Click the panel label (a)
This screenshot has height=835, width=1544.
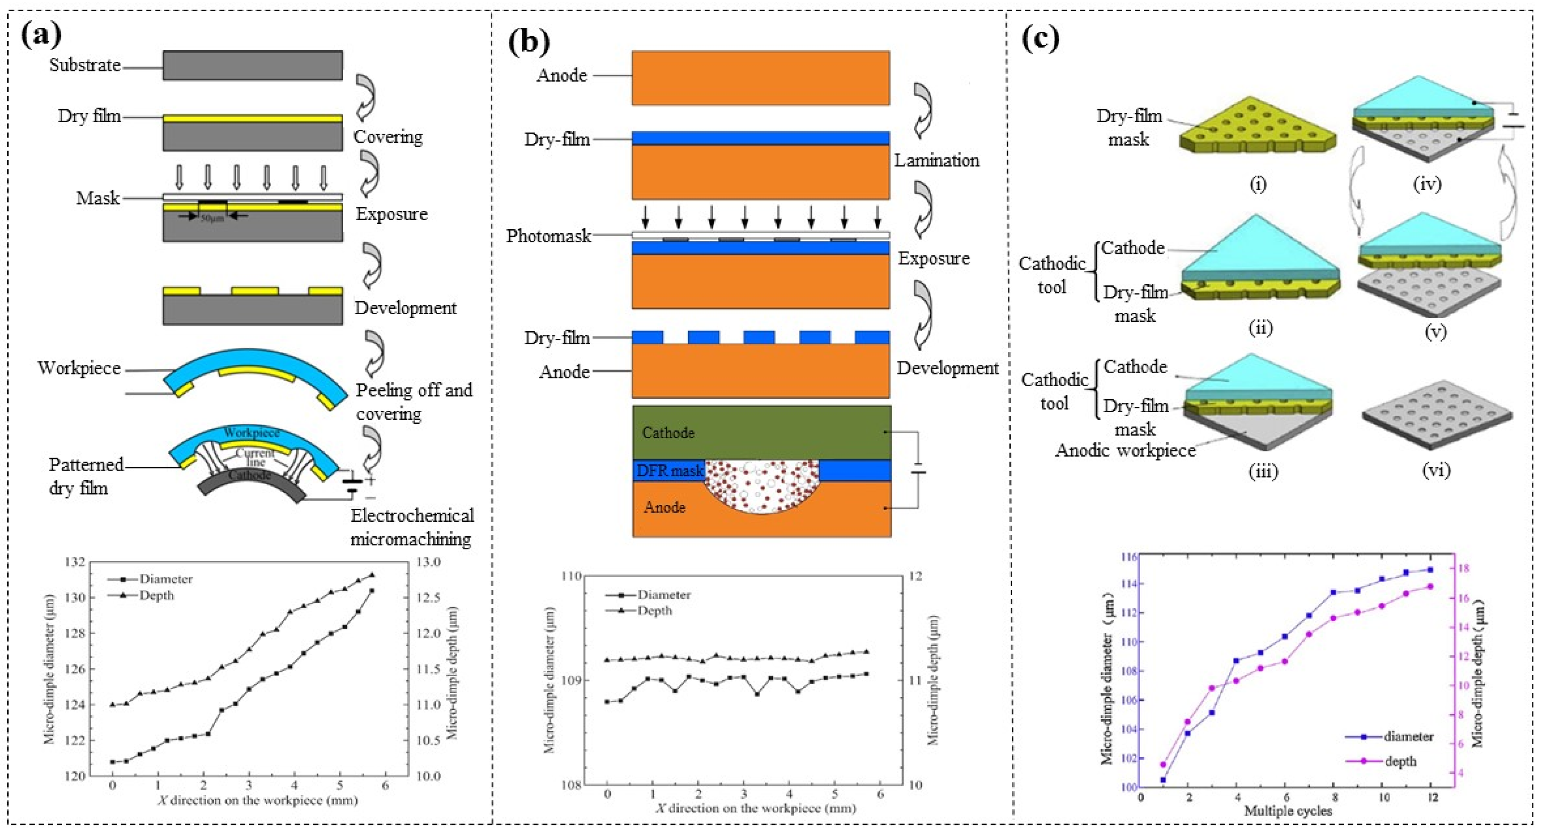(x=41, y=35)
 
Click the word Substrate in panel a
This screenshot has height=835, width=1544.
(x=84, y=65)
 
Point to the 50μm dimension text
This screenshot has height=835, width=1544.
(x=212, y=218)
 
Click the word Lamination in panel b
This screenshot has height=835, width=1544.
(x=936, y=161)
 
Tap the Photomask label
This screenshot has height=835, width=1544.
(x=548, y=236)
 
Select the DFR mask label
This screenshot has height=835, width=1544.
(x=669, y=471)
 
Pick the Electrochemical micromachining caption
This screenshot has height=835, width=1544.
(x=411, y=527)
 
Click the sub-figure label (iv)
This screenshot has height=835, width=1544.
(x=1427, y=183)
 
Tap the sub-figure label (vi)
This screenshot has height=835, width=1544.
(x=1435, y=471)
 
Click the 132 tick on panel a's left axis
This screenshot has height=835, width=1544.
(x=76, y=562)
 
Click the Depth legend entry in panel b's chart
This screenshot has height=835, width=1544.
(x=653, y=611)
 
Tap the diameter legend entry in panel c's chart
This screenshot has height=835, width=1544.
(x=1408, y=737)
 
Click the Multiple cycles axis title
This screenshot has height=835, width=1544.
(x=1287, y=811)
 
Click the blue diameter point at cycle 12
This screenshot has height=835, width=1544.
(x=1430, y=570)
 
